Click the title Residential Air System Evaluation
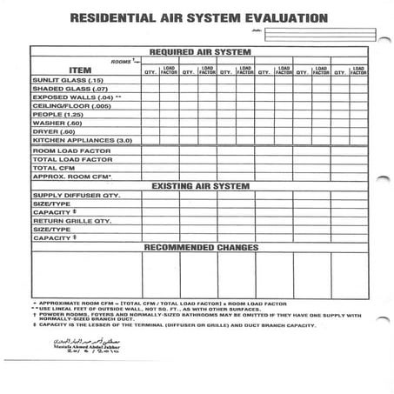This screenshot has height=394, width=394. pyautogui.click(x=198, y=17)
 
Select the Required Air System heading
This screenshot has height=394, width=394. pyautogui.click(x=200, y=51)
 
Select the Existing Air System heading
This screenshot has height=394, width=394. pyautogui.click(x=200, y=186)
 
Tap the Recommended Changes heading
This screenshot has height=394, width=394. pyautogui.click(x=200, y=248)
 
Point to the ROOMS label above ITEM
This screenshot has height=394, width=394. pyautogui.click(x=123, y=61)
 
